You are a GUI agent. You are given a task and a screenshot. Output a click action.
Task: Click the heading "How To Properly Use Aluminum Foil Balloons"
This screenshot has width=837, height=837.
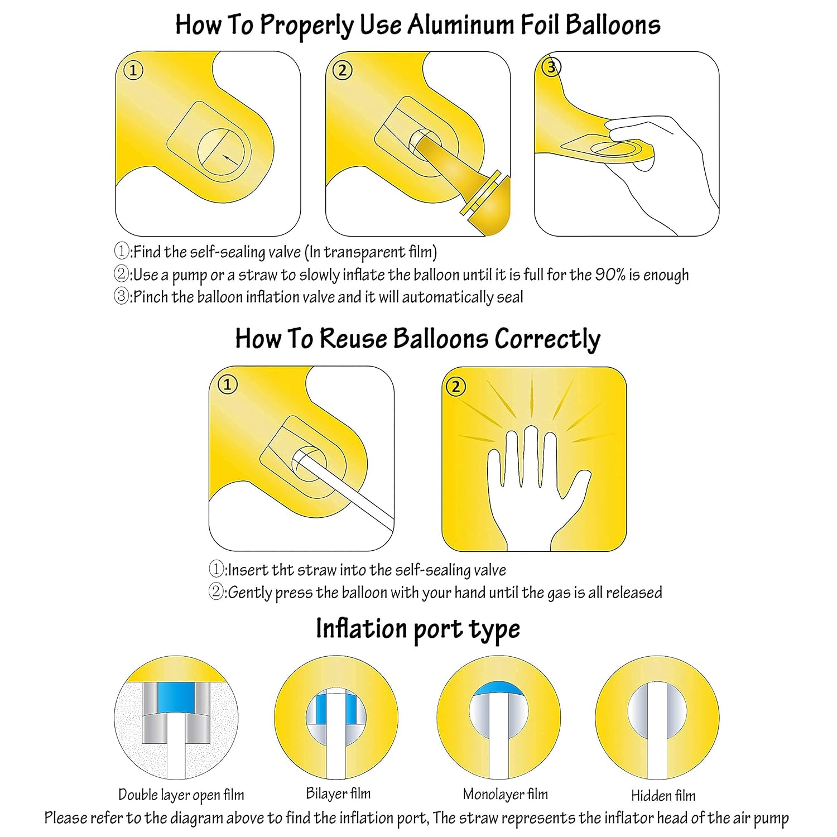click(418, 26)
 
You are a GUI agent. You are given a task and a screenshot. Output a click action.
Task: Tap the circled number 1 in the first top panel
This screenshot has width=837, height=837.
click(133, 71)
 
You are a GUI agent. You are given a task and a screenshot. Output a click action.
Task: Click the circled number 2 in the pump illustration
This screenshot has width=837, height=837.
click(342, 71)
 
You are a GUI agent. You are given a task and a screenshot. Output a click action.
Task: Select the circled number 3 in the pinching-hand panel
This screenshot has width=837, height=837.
click(551, 68)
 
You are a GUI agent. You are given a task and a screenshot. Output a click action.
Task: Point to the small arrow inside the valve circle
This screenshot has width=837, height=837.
click(228, 158)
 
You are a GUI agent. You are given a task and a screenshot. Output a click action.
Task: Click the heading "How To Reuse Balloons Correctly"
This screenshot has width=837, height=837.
click(417, 339)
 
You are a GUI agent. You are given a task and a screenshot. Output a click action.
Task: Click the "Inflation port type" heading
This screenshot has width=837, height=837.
click(418, 629)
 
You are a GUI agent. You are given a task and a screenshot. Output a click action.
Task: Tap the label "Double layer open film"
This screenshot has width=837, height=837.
click(181, 795)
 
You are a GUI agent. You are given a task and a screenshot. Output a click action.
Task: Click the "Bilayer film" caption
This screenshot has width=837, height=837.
click(338, 793)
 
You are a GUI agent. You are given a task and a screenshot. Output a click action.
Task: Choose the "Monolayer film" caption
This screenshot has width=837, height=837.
click(505, 794)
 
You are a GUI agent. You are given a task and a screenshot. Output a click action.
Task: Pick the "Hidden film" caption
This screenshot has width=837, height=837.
click(663, 795)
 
